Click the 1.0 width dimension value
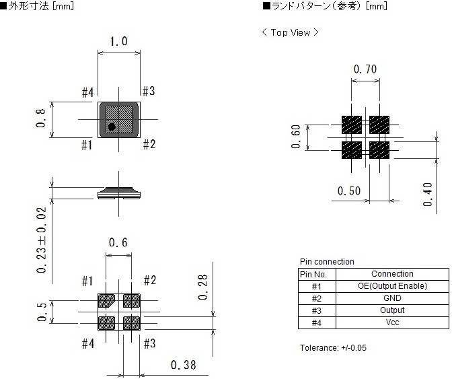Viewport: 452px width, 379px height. [118, 42]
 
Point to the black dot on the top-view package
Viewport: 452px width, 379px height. [112, 127]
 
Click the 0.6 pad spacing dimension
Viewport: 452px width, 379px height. [118, 243]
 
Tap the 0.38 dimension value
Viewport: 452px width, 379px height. [184, 366]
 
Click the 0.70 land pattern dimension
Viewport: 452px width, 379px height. [365, 69]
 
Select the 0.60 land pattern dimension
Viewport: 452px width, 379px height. [297, 137]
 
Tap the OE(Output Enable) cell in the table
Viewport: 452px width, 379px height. [392, 286]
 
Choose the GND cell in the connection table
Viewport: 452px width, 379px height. [392, 298]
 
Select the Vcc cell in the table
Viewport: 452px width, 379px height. [392, 322]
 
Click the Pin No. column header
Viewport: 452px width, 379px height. [316, 274]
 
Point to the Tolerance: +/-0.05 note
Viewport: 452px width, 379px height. [333, 348]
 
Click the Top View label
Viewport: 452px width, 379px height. [290, 32]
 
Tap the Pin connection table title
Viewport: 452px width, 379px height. [326, 262]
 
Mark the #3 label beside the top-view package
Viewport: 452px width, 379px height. [149, 92]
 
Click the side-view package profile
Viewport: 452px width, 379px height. [118, 193]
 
